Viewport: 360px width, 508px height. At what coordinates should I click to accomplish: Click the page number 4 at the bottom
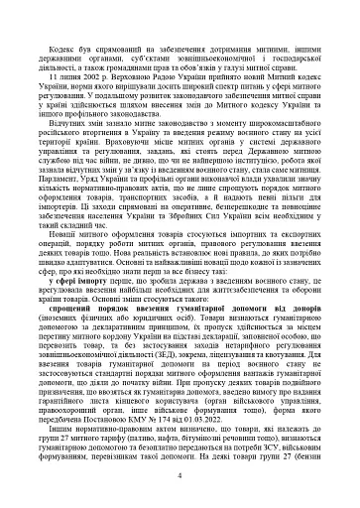pyautogui.click(x=180, y=476)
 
